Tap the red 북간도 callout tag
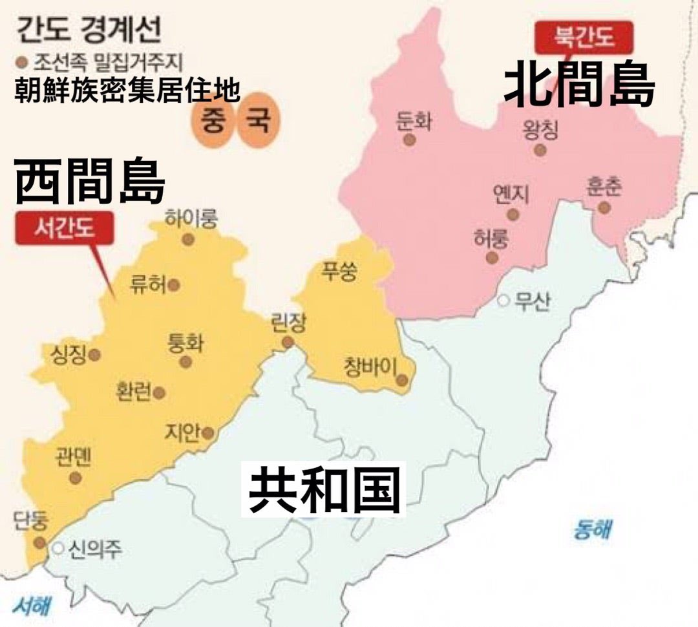[x=584, y=37]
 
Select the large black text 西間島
[x=89, y=182]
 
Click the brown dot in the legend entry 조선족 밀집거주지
[x=21, y=63]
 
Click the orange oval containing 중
[x=213, y=122]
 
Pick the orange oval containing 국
[x=253, y=122]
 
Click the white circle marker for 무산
[x=503, y=301]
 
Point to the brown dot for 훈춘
[x=604, y=207]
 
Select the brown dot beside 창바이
[x=402, y=381]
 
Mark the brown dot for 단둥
[x=40, y=542]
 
